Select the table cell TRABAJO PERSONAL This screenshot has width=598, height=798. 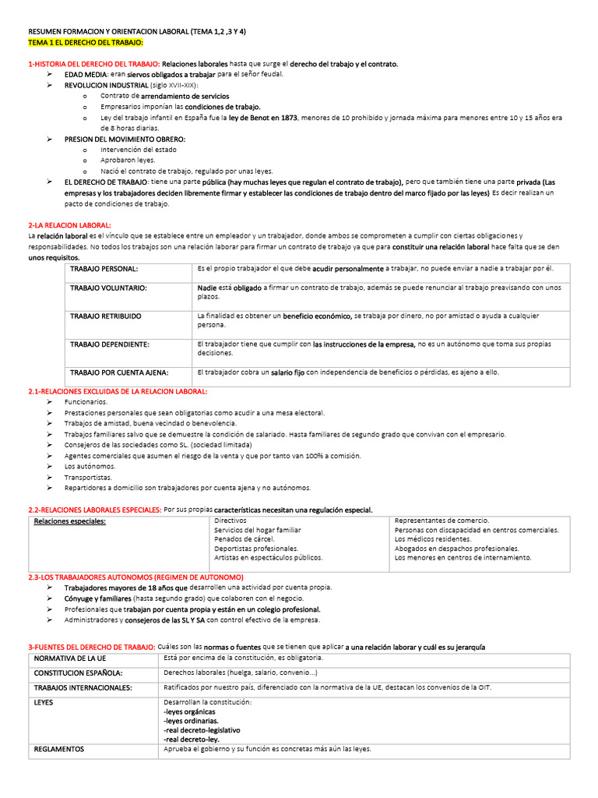[x=104, y=269]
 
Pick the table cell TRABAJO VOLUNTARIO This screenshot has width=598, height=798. [x=108, y=288]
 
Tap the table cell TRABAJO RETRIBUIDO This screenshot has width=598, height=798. [x=106, y=316]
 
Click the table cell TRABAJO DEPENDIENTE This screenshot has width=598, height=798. [x=110, y=344]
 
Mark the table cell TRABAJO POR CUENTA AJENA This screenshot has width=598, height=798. [x=119, y=372]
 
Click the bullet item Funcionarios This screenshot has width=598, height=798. [x=86, y=401]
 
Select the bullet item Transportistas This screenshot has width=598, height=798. [x=88, y=477]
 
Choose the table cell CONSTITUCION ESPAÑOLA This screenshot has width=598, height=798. [x=79, y=673]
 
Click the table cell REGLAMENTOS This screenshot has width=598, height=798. [x=59, y=749]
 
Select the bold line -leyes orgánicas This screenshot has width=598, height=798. [x=189, y=711]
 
